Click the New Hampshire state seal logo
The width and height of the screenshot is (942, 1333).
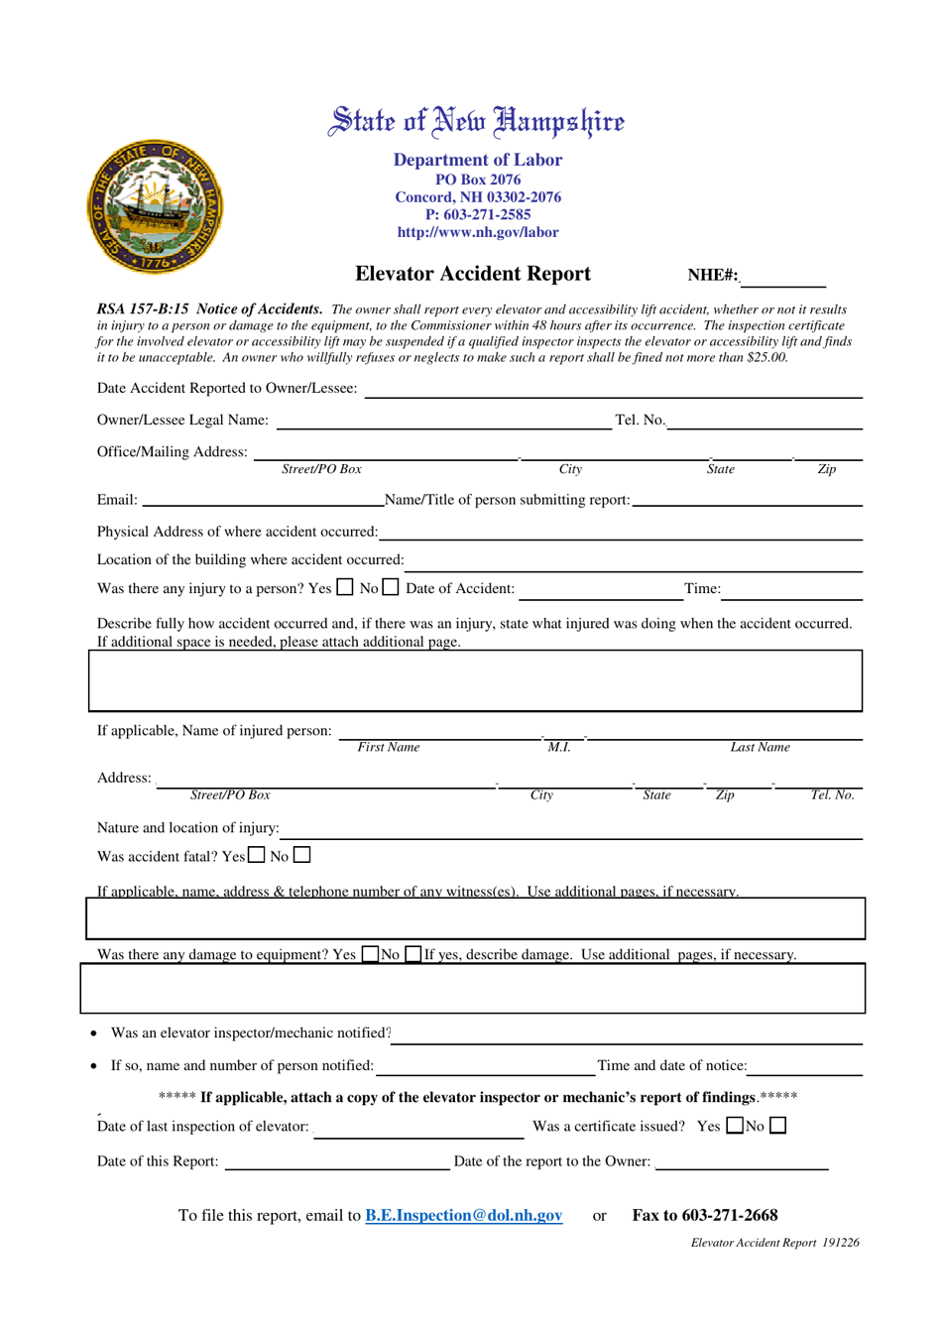[155, 207]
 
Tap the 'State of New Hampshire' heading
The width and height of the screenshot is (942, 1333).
[477, 122]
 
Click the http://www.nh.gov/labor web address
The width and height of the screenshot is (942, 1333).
[478, 232]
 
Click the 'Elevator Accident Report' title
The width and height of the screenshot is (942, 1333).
[472, 274]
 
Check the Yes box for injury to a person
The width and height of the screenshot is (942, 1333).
[344, 587]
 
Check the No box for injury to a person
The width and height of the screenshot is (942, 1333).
[391, 587]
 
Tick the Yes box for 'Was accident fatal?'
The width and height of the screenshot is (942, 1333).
[257, 854]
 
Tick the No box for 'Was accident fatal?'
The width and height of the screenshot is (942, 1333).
[302, 854]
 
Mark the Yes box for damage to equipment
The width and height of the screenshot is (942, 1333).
[370, 954]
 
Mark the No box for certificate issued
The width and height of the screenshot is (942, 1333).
[778, 1125]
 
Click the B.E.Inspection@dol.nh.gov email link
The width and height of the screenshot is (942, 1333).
[463, 1215]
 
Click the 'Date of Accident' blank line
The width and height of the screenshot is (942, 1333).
[600, 591]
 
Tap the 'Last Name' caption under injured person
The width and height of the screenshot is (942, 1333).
[760, 747]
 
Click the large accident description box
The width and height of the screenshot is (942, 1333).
[475, 680]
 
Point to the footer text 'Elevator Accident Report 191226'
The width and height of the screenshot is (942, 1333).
[774, 1242]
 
